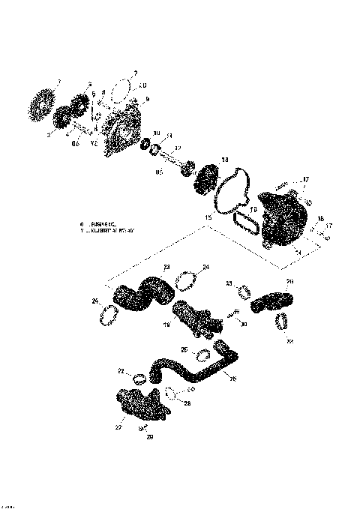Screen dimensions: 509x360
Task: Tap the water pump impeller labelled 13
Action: click(205, 180)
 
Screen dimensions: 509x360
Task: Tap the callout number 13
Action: click(224, 160)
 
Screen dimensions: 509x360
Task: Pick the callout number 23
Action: click(167, 267)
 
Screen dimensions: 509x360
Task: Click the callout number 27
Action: click(118, 427)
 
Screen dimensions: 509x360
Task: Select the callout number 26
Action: click(232, 379)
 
